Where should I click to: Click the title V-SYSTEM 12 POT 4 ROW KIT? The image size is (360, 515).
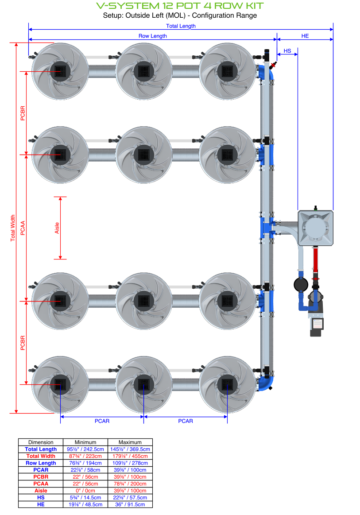180,6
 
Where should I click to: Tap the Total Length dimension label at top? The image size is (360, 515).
181,26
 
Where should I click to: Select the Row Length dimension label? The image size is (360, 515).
153,36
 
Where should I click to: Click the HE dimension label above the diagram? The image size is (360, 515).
305,36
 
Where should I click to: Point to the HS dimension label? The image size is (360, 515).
287,51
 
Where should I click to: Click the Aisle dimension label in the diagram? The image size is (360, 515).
57,228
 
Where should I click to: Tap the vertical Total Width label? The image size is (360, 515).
13,228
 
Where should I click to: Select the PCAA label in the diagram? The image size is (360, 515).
23,228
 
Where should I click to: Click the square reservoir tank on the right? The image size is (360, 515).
316,227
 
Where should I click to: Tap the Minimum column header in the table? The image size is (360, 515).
85,442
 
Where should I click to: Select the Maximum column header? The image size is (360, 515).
130,442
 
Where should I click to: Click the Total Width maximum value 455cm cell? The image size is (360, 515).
130,456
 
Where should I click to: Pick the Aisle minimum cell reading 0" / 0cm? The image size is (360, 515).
85,491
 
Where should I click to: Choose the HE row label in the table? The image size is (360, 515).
41,504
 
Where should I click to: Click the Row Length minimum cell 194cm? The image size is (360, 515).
85,463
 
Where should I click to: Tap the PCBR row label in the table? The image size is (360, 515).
41,477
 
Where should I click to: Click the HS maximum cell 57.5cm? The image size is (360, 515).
130,497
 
